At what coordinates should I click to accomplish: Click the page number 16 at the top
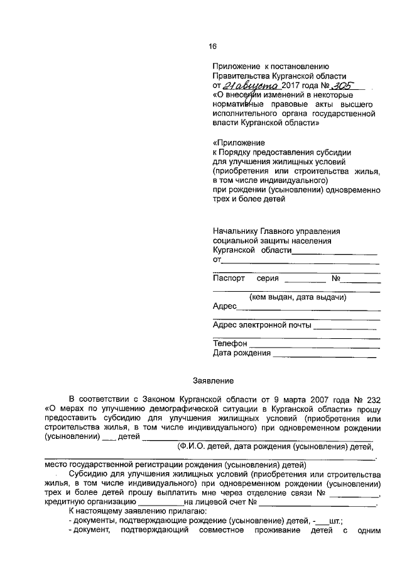pyautogui.click(x=212, y=46)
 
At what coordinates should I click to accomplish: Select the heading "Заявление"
pyautogui.click(x=212, y=380)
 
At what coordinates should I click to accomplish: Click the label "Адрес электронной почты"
pyautogui.click(x=262, y=325)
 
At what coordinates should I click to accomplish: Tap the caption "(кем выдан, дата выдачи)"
pyautogui.click(x=298, y=297)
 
